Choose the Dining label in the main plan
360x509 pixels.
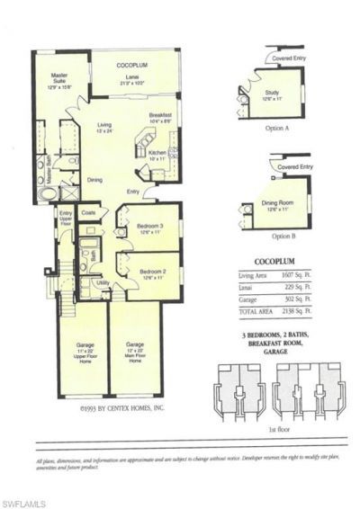(94, 180)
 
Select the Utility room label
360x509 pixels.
(103, 282)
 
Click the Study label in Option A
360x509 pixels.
(271, 95)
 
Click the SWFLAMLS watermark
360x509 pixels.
(24, 499)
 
